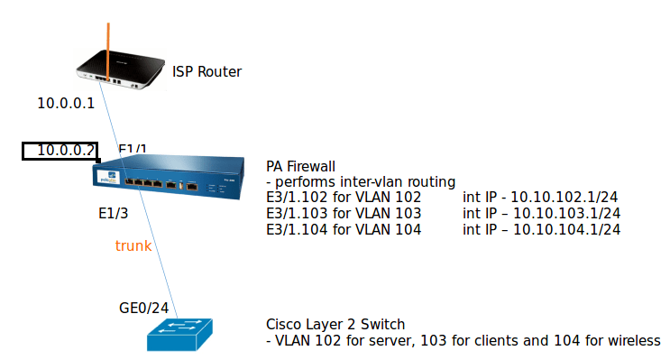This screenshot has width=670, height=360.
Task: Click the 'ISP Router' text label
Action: click(207, 71)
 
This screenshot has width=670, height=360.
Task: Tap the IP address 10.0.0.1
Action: click(66, 103)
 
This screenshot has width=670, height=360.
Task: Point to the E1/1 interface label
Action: click(133, 149)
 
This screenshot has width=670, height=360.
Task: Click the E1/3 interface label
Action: click(114, 214)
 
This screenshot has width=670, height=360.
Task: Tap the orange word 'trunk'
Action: click(133, 245)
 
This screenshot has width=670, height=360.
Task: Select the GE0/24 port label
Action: click(143, 307)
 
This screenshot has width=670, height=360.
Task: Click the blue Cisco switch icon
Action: click(179, 334)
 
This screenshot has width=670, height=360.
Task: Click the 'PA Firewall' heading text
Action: click(301, 166)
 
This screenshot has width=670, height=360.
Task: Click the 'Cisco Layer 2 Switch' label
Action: click(335, 324)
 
